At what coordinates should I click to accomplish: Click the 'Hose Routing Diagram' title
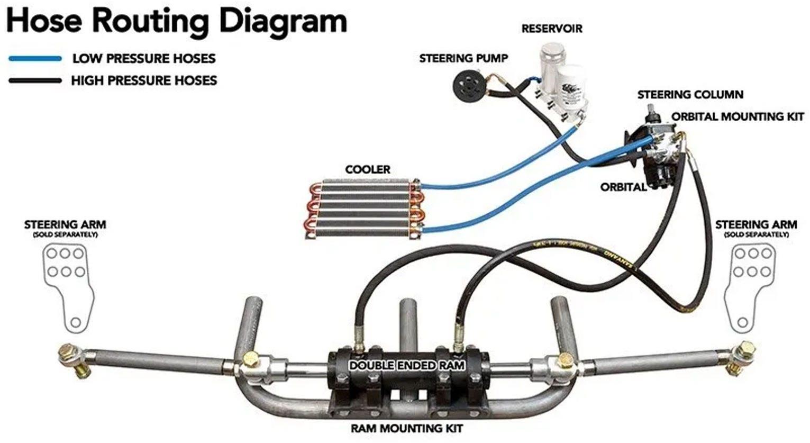(177, 21)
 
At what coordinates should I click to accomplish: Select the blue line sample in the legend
(35, 59)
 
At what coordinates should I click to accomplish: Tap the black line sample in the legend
(35, 81)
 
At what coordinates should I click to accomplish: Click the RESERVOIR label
(551, 29)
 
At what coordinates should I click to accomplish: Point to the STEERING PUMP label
(463, 58)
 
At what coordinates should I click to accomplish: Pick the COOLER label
(368, 170)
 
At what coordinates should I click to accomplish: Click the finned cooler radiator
(365, 209)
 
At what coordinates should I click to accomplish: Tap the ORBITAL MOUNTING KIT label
(738, 116)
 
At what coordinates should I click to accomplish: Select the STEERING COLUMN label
(690, 95)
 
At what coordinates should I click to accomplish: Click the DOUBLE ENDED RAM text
(407, 366)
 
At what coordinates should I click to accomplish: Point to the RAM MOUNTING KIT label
(407, 428)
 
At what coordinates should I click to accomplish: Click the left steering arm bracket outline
(68, 286)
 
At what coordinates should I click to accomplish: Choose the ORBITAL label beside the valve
(623, 187)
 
